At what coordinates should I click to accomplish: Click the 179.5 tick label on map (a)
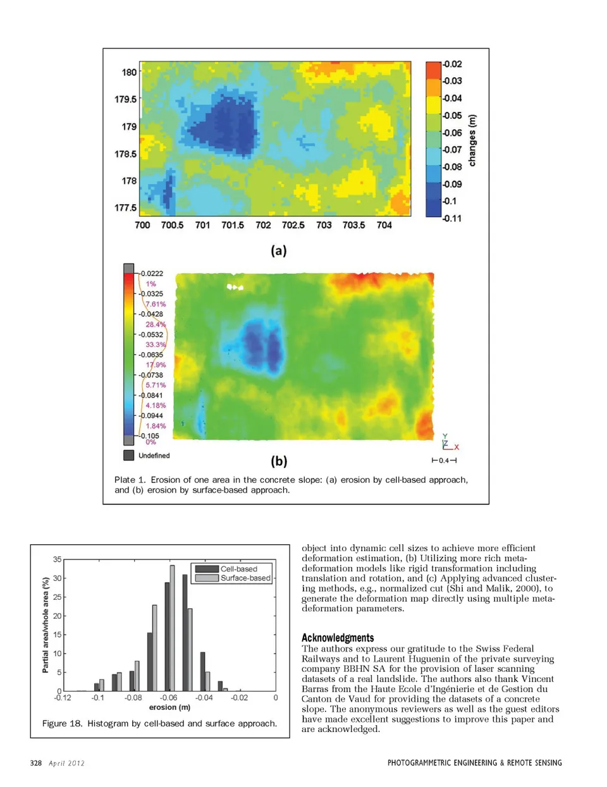pyautogui.click(x=125, y=99)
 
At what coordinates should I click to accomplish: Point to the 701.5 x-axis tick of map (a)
pyautogui.click(x=233, y=225)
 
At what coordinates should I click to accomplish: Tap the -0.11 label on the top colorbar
pyautogui.click(x=452, y=219)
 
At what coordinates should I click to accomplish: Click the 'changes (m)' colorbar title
pyautogui.click(x=472, y=140)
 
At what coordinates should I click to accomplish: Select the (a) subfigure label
pyautogui.click(x=279, y=251)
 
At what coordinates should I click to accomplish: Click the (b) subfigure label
pyautogui.click(x=279, y=461)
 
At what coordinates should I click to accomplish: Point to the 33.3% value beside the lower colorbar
pyautogui.click(x=156, y=345)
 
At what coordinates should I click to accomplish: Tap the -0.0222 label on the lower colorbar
pyautogui.click(x=152, y=274)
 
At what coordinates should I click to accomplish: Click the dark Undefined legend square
pyautogui.click(x=128, y=455)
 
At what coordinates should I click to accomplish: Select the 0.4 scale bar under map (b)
pyautogui.click(x=444, y=460)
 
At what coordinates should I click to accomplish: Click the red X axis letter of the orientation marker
pyautogui.click(x=457, y=447)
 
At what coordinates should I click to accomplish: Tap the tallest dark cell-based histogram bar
pyautogui.click(x=185, y=632)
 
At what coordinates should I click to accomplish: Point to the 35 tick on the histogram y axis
pyautogui.click(x=58, y=559)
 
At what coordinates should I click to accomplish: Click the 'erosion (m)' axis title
pyautogui.click(x=169, y=707)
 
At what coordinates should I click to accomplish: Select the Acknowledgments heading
pyautogui.click(x=338, y=638)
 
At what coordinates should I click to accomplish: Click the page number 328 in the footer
pyautogui.click(x=36, y=763)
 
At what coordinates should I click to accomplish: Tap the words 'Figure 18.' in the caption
pyautogui.click(x=62, y=723)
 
